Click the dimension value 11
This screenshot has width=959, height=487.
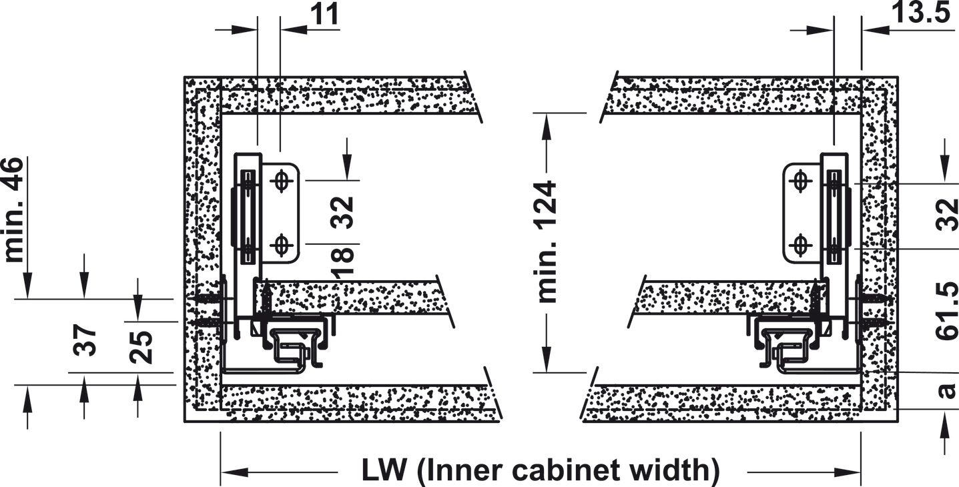click(325, 15)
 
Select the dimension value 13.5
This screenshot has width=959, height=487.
click(920, 13)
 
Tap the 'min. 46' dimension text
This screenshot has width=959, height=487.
click(14, 209)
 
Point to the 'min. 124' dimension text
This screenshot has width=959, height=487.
click(547, 241)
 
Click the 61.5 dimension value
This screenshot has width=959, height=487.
click(947, 311)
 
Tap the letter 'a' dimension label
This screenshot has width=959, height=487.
click(946, 389)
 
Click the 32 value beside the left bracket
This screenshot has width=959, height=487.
click(344, 212)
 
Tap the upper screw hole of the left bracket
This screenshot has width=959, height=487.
click(282, 181)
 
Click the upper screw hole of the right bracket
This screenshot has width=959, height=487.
click(800, 181)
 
